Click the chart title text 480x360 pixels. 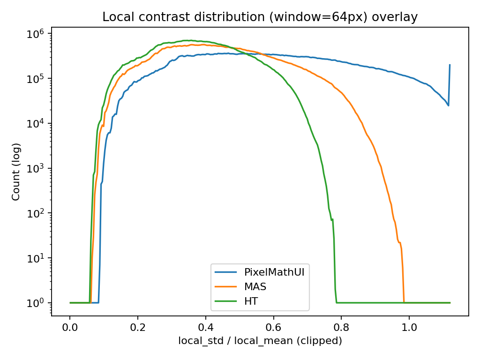(x=260, y=17)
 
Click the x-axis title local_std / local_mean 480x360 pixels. (x=260, y=341)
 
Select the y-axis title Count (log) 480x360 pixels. (x=16, y=172)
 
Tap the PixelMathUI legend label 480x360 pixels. (x=274, y=272)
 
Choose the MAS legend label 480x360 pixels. (x=255, y=287)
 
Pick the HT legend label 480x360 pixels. (x=251, y=301)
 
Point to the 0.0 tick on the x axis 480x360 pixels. (x=70, y=326)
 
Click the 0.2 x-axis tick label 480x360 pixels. (x=138, y=326)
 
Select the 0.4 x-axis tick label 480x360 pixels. (x=206, y=326)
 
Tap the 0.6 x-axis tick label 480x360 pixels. (x=273, y=326)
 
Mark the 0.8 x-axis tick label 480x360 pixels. (x=341, y=326)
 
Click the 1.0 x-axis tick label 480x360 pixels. (x=409, y=326)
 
